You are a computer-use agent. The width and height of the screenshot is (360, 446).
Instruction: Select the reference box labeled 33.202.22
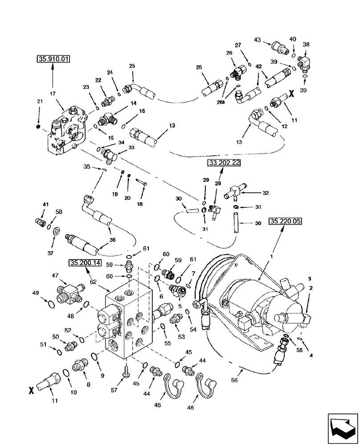pyautogui.click(x=223, y=163)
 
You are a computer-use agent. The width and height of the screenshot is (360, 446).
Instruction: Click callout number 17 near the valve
pyautogui.click(x=53, y=94)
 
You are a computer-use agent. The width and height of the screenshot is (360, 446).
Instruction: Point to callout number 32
pyautogui.click(x=266, y=194)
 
